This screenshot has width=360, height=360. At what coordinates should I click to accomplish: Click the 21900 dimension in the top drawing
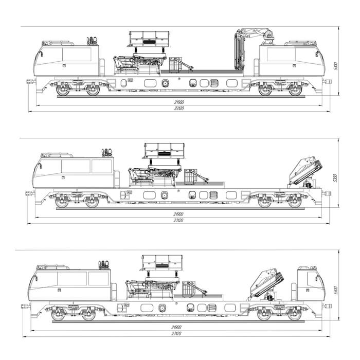(179, 102)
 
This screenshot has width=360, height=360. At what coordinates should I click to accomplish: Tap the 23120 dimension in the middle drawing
(178, 221)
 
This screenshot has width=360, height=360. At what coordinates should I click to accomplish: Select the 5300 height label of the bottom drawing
(335, 290)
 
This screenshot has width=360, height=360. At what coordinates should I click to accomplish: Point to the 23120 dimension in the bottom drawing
(176, 334)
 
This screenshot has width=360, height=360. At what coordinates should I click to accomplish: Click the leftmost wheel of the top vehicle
(63, 90)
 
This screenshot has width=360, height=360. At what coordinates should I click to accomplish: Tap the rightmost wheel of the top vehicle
(295, 90)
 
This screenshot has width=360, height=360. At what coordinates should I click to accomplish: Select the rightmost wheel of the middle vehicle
(295, 202)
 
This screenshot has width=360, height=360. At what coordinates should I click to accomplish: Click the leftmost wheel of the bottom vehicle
(58, 315)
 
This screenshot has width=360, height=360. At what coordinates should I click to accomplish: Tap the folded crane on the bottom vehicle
(267, 285)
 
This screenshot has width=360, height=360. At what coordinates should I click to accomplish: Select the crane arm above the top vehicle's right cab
(253, 46)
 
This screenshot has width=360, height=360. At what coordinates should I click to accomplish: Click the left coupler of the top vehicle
(31, 81)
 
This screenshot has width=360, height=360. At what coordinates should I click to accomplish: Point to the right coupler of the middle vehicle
(326, 193)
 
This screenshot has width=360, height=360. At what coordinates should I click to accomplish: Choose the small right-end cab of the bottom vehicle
(311, 284)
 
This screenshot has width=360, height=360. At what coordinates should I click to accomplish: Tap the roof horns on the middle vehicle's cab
(107, 152)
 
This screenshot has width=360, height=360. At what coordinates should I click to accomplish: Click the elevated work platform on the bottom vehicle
(162, 263)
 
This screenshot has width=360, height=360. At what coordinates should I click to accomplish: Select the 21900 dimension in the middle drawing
(178, 214)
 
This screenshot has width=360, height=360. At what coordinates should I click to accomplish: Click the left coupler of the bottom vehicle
(26, 307)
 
